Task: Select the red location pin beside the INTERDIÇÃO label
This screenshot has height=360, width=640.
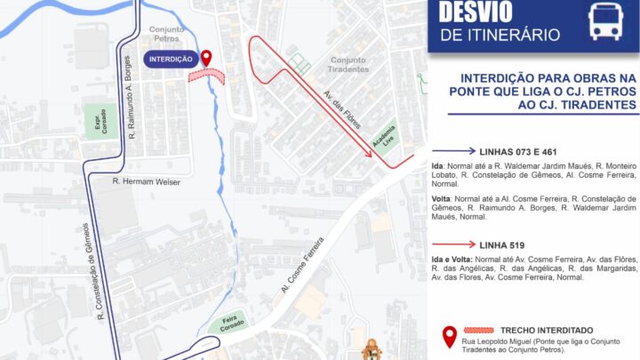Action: point(207,59)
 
